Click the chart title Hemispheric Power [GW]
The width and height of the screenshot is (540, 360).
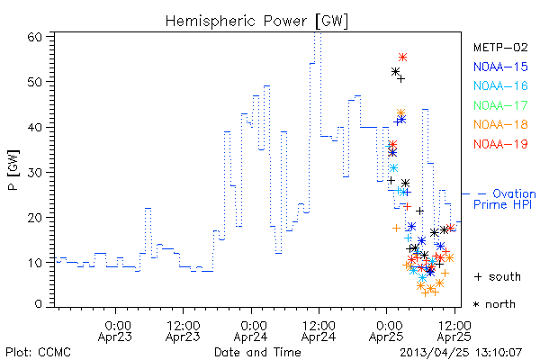pyautogui.click(x=256, y=22)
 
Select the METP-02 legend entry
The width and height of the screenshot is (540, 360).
pyautogui.click(x=500, y=47)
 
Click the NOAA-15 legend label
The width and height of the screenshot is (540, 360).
pyautogui.click(x=500, y=67)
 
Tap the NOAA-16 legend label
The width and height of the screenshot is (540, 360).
pyautogui.click(x=500, y=85)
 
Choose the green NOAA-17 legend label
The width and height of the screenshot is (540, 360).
pyautogui.click(x=500, y=105)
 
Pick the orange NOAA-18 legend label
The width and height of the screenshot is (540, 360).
pyautogui.click(x=500, y=124)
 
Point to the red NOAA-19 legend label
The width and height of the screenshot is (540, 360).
pyautogui.click(x=500, y=144)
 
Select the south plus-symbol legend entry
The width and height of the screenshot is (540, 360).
pyautogui.click(x=498, y=276)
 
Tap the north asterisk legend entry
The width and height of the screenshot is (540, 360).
pyautogui.click(x=494, y=304)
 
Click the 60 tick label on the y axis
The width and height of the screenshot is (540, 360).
pyautogui.click(x=34, y=37)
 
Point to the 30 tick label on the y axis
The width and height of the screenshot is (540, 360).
pyautogui.click(x=34, y=172)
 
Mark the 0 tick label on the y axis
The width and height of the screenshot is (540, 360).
pyautogui.click(x=39, y=304)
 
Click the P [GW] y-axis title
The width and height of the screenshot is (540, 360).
pyautogui.click(x=13, y=170)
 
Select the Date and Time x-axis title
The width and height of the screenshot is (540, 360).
pyautogui.click(x=257, y=352)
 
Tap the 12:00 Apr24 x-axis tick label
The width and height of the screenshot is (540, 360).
pyautogui.click(x=319, y=331)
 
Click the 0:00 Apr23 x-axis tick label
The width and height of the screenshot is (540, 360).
pyautogui.click(x=115, y=331)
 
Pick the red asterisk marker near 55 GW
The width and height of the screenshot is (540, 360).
pyautogui.click(x=403, y=57)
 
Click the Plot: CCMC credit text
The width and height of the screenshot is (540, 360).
pyautogui.click(x=38, y=353)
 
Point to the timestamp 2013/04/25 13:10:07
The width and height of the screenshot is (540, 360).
pyautogui.click(x=461, y=353)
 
